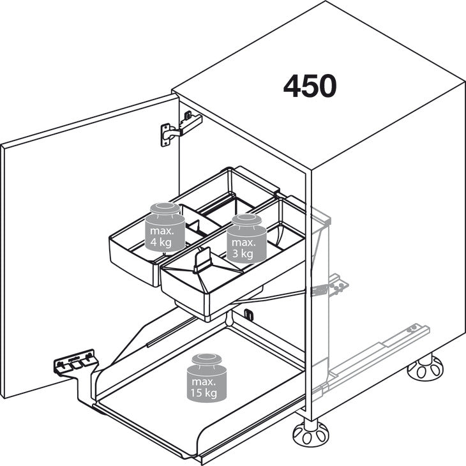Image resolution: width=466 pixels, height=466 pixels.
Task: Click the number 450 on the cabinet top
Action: pyautogui.click(x=310, y=86)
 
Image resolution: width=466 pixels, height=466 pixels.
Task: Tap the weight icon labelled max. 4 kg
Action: pyautogui.click(x=165, y=227)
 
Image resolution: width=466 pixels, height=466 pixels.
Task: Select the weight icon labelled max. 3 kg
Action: pyautogui.click(x=246, y=239)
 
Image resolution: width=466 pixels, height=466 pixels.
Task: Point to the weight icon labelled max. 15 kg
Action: pyautogui.click(x=207, y=378)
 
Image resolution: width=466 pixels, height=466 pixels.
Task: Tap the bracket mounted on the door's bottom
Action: pyautogui.click(x=76, y=362)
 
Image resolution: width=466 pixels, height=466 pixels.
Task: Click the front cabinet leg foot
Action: pyautogui.click(x=311, y=432)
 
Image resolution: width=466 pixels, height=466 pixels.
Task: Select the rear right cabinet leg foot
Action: pyautogui.click(x=425, y=368)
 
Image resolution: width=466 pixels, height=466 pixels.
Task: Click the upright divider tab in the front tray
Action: pyautogui.click(x=203, y=260)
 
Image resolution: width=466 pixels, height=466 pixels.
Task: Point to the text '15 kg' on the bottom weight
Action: pyautogui.click(x=204, y=393)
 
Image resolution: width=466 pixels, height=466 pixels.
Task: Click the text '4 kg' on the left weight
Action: pyautogui.click(x=161, y=242)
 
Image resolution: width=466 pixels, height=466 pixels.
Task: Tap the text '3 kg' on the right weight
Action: pyautogui.click(x=243, y=253)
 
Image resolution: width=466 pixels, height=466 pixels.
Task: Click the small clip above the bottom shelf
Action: pyautogui.click(x=248, y=315)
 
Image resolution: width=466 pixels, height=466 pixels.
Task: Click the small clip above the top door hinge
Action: pyautogui.click(x=188, y=115)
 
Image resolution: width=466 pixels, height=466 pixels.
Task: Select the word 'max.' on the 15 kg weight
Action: pyautogui.click(x=204, y=382)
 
